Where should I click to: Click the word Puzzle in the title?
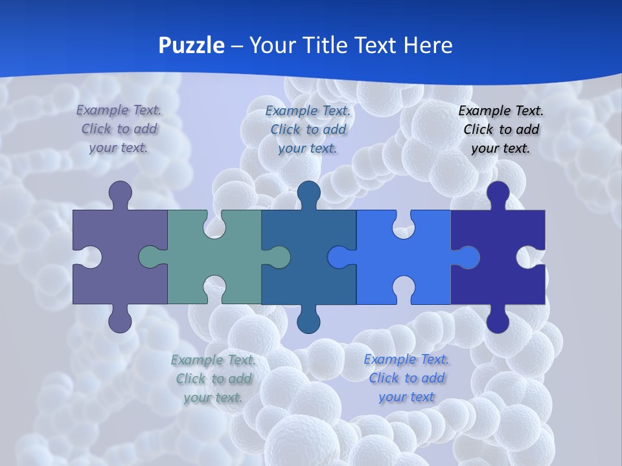pos(192,45)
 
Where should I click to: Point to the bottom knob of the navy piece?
pos(498,320)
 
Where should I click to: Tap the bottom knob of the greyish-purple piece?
pos(120,320)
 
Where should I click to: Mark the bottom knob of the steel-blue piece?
pos(308,320)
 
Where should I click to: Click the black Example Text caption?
pos(501,129)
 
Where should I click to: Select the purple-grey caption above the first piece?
pos(119,129)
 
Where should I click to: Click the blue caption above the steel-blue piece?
pos(308,129)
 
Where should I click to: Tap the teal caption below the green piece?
pos(213,379)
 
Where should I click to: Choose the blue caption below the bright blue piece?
pos(406,378)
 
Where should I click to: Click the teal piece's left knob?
pos(150,257)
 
